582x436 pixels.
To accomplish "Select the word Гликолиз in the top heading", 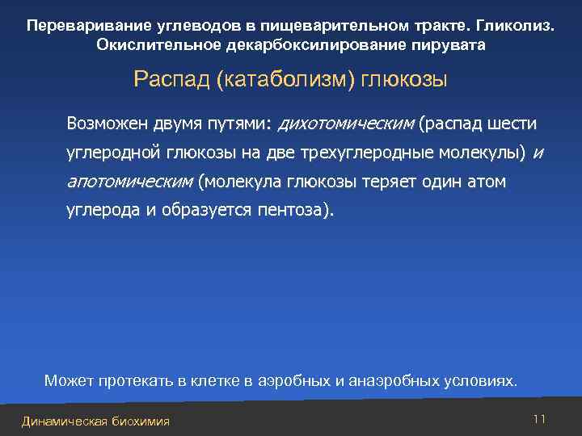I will click(517, 24).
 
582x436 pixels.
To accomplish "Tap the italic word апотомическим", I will click(129, 182).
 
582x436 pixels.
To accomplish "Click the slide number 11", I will click(540, 418).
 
